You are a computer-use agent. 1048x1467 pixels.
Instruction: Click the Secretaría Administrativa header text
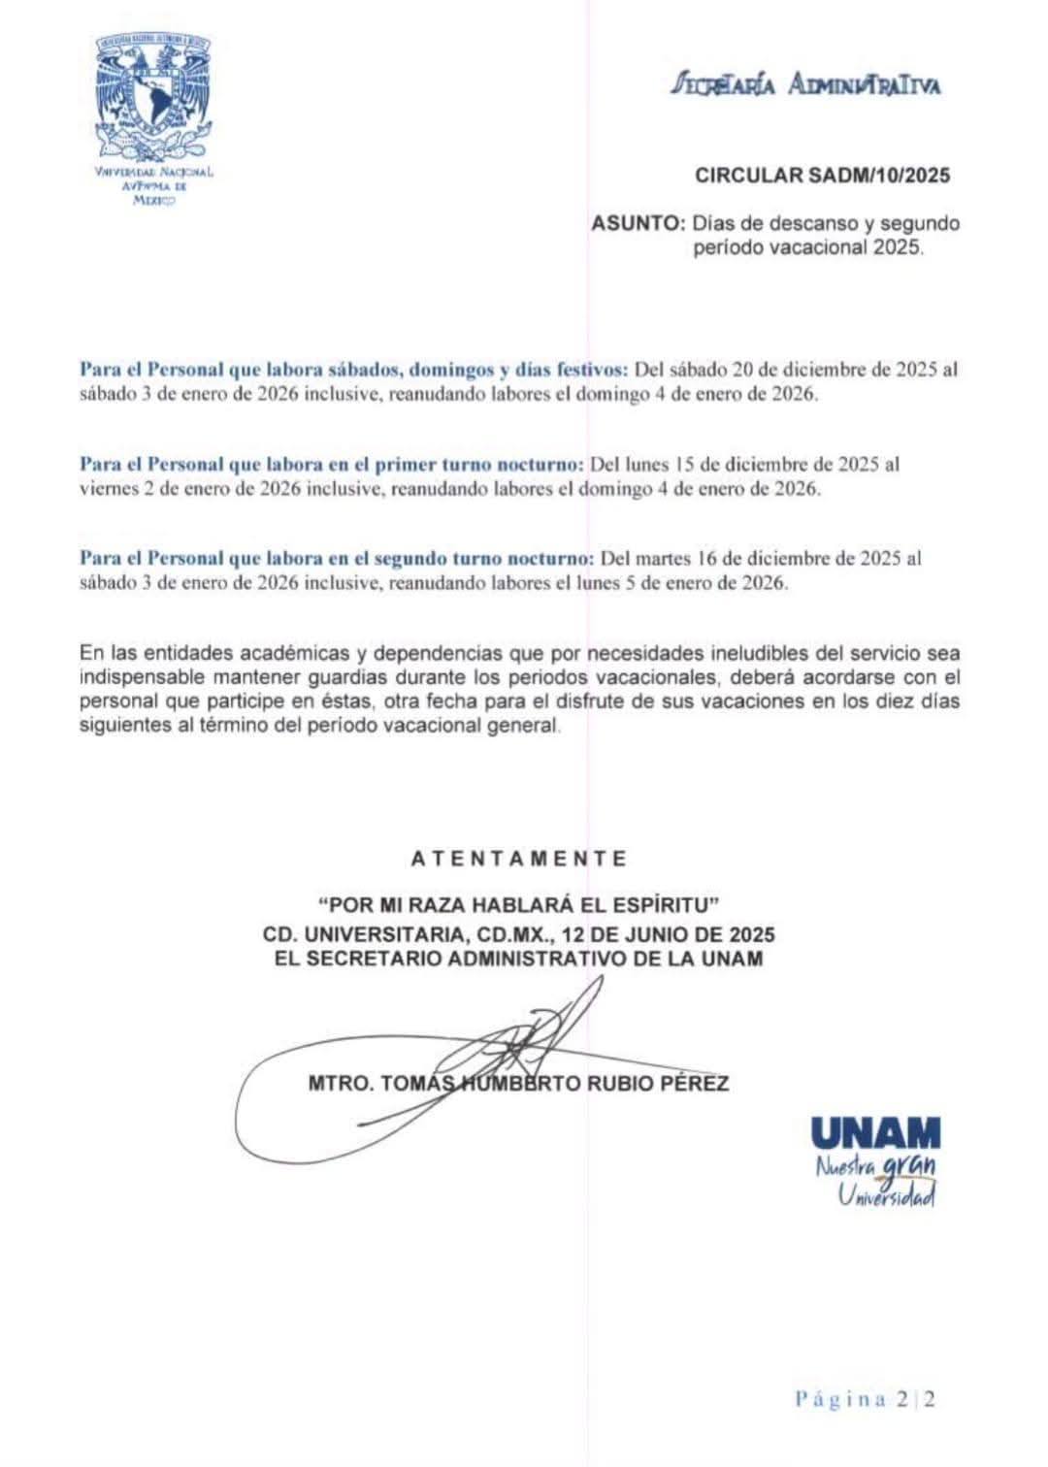pyautogui.click(x=806, y=85)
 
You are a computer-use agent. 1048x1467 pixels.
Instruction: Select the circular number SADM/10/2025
pyautogui.click(x=823, y=176)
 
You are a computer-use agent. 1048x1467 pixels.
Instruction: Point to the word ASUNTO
pyautogui.click(x=638, y=223)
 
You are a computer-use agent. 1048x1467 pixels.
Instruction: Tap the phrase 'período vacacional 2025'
pyautogui.click(x=808, y=247)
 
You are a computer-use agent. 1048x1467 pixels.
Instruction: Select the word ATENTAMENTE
pyautogui.click(x=519, y=860)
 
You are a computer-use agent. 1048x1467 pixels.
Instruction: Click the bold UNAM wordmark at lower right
pyautogui.click(x=874, y=1132)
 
